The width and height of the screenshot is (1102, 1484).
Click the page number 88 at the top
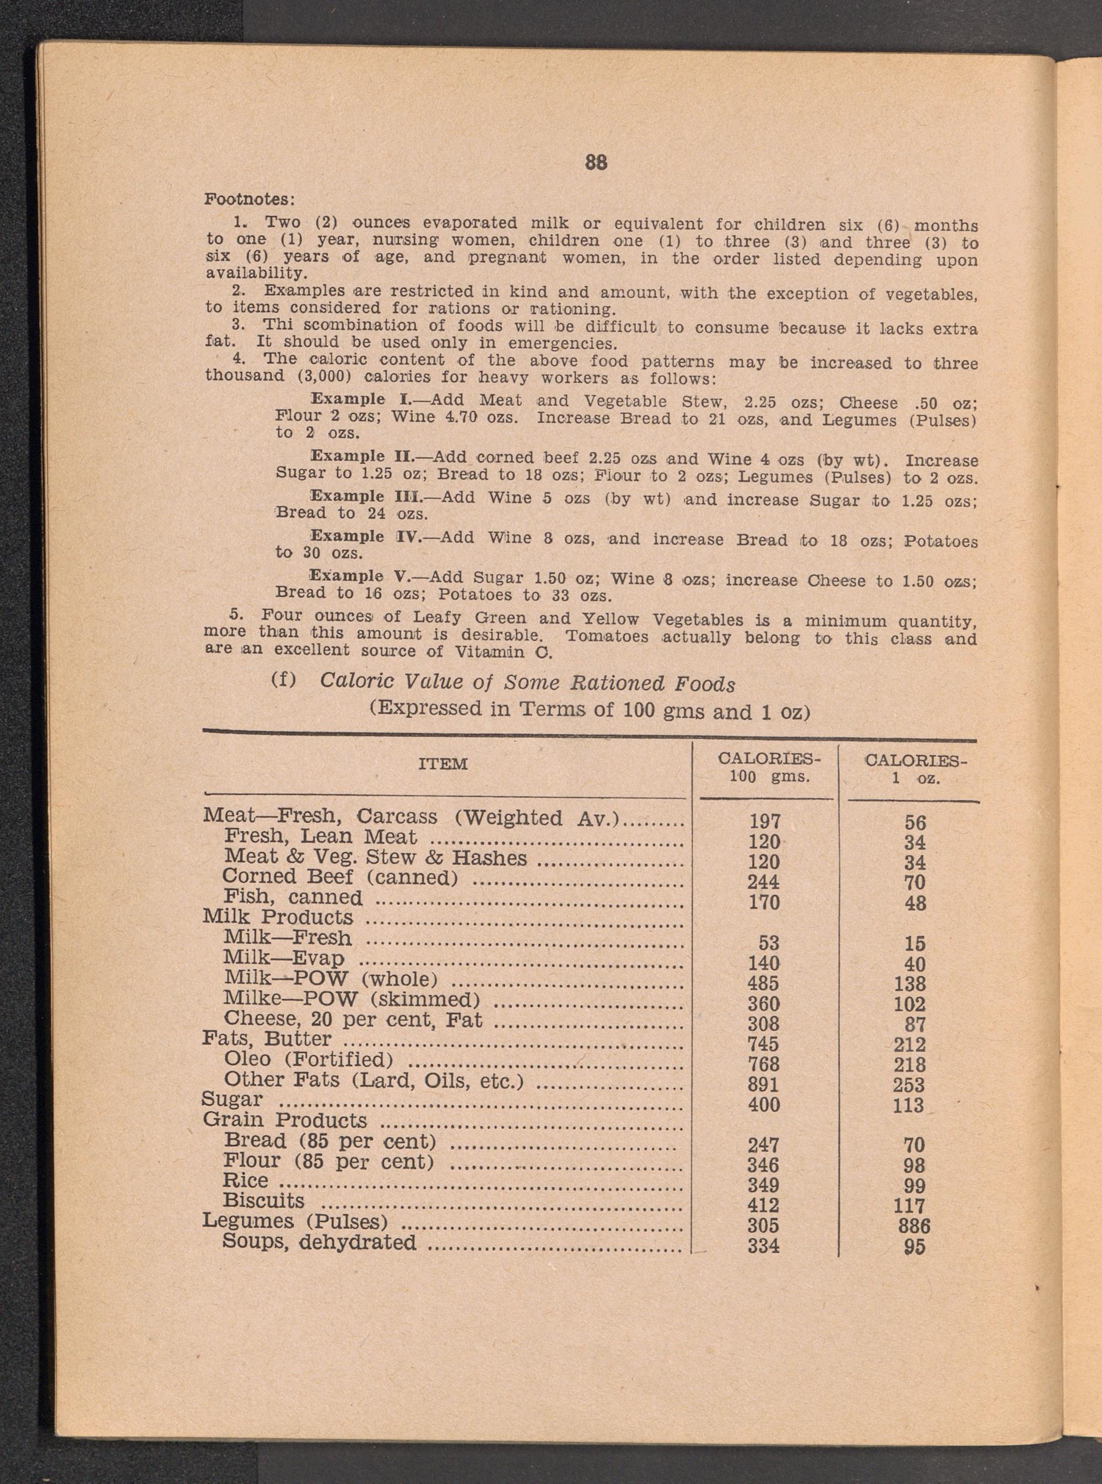[x=596, y=162]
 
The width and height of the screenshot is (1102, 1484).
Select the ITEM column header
[x=443, y=764]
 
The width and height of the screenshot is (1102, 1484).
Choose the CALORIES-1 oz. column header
[x=915, y=770]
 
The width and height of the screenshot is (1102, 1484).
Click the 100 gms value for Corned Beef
[x=763, y=882]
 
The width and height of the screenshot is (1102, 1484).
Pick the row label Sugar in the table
[x=232, y=1099]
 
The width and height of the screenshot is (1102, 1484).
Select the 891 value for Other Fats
[x=763, y=1084]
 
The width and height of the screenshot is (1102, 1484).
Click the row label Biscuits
[x=263, y=1201]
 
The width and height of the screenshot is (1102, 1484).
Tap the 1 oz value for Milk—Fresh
[x=915, y=943]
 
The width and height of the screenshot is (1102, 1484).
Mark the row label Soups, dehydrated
[x=319, y=1242]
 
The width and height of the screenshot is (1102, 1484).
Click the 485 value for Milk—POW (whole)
[x=763, y=983]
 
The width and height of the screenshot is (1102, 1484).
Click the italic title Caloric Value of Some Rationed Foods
[x=527, y=682]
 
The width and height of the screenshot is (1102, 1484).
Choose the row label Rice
[x=246, y=1180]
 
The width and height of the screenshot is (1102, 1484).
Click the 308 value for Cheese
[x=763, y=1024]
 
